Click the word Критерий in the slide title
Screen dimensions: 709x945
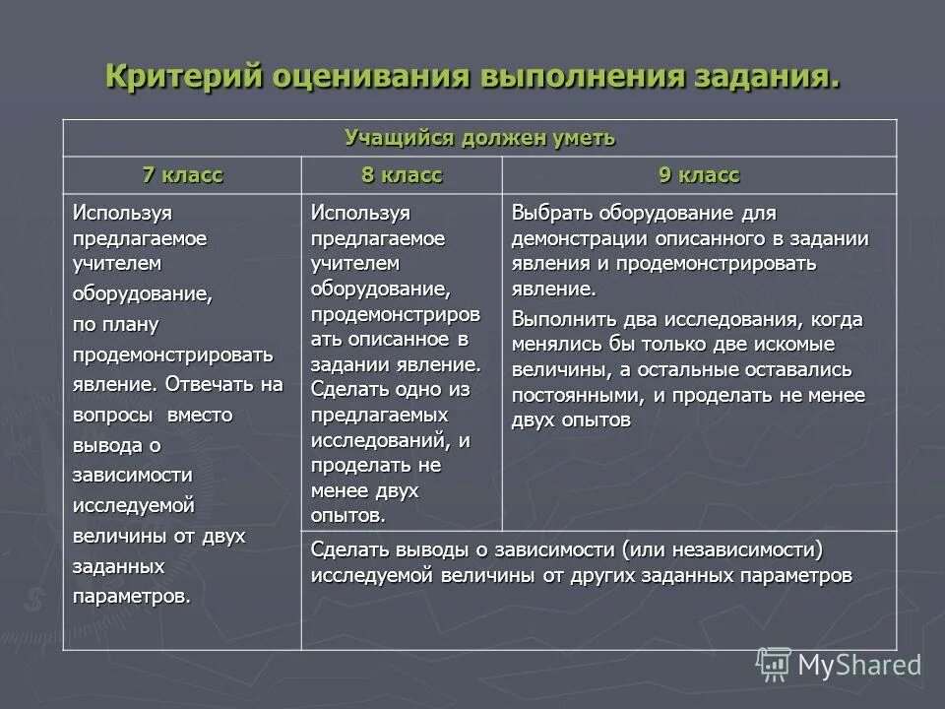[x=178, y=78]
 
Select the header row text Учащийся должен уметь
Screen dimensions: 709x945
[x=479, y=138]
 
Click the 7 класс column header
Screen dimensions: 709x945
[x=182, y=175]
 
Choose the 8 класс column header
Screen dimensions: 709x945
[x=402, y=175]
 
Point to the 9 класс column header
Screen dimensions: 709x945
[x=699, y=175]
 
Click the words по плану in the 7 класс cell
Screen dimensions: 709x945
[x=115, y=324]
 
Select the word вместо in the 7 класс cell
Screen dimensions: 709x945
[x=200, y=415]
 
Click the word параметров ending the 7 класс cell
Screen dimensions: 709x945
[x=131, y=598]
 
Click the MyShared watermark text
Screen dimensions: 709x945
[x=859, y=666]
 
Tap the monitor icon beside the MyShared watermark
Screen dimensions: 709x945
[x=773, y=665]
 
